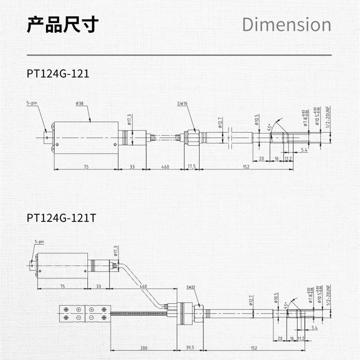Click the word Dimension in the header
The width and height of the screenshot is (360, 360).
pyautogui.click(x=287, y=24)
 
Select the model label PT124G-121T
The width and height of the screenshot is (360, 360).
pyautogui.click(x=61, y=217)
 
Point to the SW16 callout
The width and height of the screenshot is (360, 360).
pyautogui.click(x=182, y=103)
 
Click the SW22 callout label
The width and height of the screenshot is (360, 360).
pyautogui.click(x=191, y=287)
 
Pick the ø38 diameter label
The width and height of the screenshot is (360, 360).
pyautogui.click(x=79, y=103)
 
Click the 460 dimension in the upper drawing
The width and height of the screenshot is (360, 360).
pyautogui.click(x=165, y=167)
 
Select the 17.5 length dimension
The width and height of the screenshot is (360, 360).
pyautogui.click(x=192, y=167)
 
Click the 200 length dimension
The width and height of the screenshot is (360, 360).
pyautogui.click(x=144, y=348)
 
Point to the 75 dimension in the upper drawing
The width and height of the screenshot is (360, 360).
pyautogui.click(x=86, y=167)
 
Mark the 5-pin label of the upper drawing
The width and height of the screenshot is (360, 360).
pyautogui.click(x=32, y=103)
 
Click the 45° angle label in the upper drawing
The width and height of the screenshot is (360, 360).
pyautogui.click(x=270, y=128)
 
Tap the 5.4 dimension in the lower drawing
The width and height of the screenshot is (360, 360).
pyautogui.click(x=314, y=328)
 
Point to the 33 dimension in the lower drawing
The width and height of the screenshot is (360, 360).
pyautogui.click(x=98, y=286)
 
